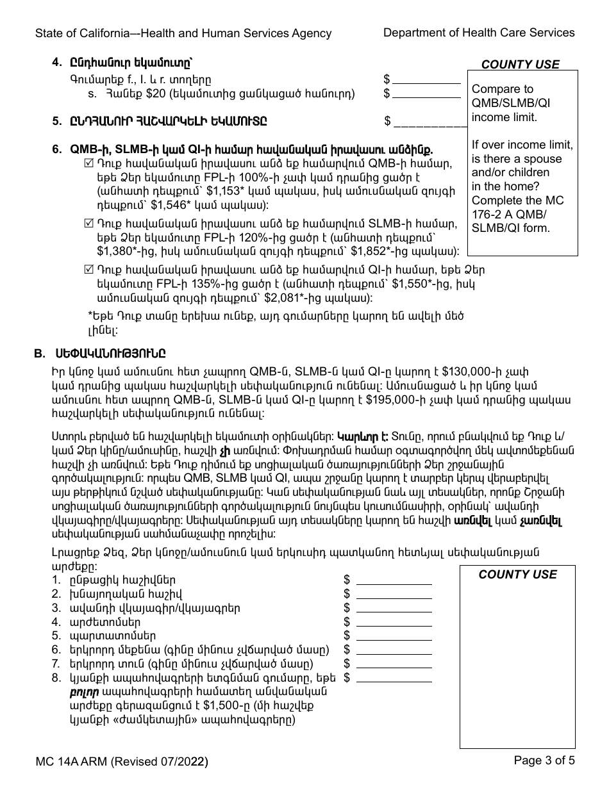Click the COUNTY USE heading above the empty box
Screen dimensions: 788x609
click(x=517, y=575)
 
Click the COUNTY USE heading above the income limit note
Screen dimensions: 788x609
click(x=520, y=65)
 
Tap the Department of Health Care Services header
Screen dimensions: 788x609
click(x=479, y=33)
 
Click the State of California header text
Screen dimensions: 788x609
click(x=183, y=33)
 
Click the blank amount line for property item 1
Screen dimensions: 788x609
click(x=394, y=580)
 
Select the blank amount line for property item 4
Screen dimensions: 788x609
click(x=394, y=622)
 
